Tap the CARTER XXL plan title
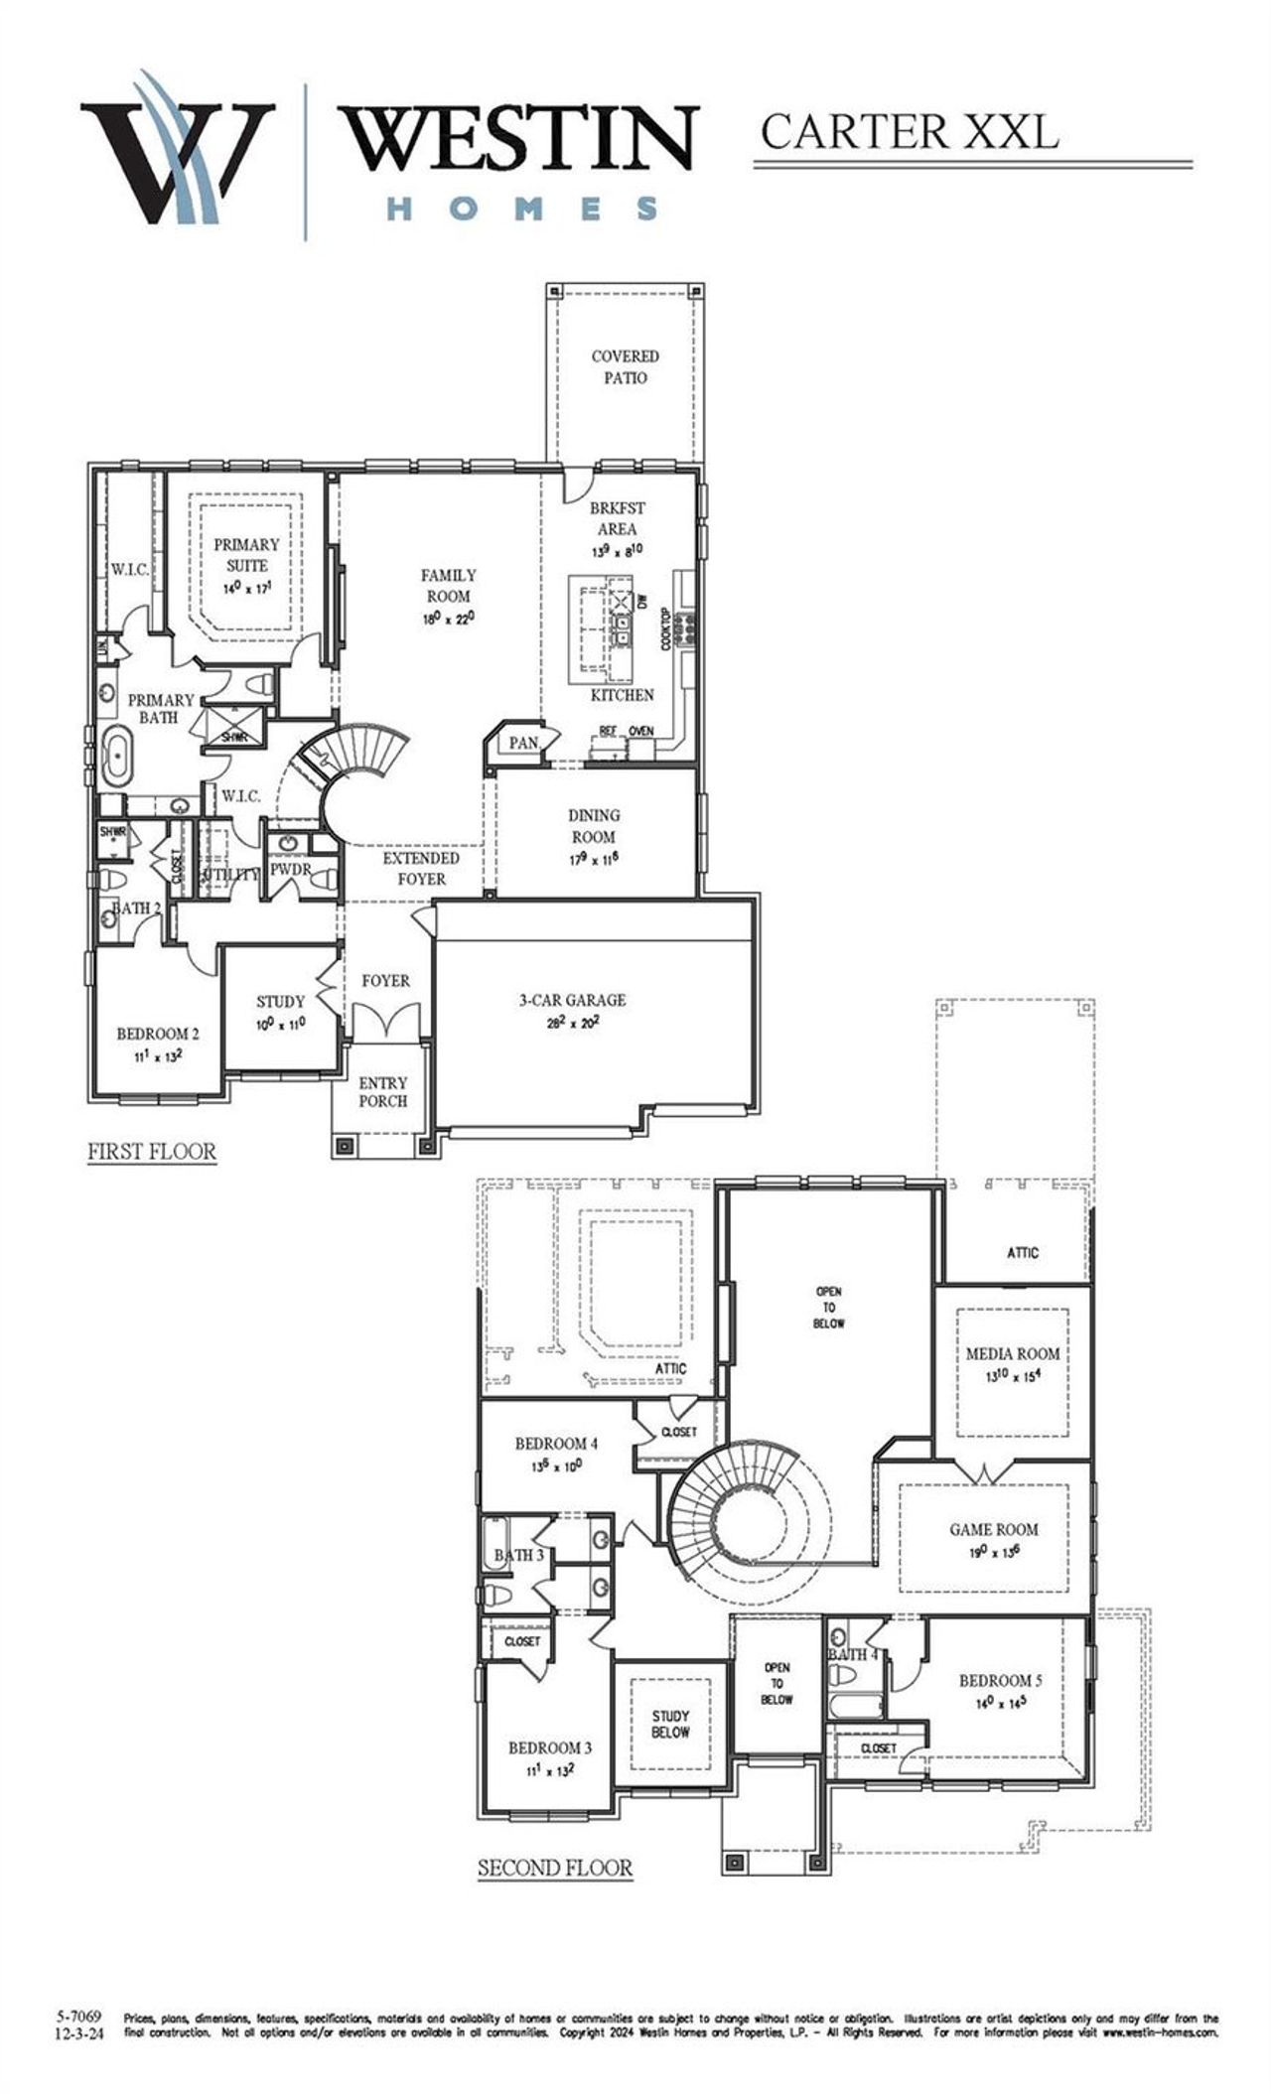(x=908, y=131)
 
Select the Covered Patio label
(x=625, y=366)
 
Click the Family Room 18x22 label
(x=448, y=596)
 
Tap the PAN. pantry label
(x=523, y=743)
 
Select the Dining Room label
(x=594, y=836)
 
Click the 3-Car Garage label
(x=572, y=1010)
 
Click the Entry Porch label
(x=383, y=1091)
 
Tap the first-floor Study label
(x=280, y=1011)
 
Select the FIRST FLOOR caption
(x=152, y=1152)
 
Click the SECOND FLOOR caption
(x=555, y=1868)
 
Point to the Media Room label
(x=1013, y=1362)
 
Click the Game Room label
(x=994, y=1539)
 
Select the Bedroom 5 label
(x=1000, y=1690)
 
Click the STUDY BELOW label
(x=670, y=1724)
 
